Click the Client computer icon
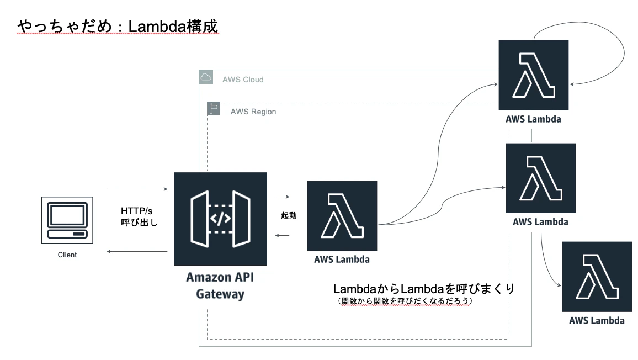67,220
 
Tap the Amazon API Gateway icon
220,219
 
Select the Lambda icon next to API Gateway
342,215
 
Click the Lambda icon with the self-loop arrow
534,75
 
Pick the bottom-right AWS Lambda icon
597,277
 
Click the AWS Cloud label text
243,80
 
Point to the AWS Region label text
253,112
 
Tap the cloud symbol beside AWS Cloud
206,77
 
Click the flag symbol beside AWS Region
214,108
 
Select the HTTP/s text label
137,211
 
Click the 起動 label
289,215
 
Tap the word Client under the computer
67,255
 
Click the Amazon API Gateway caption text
220,285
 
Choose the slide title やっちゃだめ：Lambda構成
118,26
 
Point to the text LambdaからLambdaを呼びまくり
424,289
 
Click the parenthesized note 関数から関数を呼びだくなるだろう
405,301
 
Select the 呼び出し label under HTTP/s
139,223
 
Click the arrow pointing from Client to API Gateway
137,189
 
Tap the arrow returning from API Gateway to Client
137,252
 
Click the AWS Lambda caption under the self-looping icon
534,119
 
